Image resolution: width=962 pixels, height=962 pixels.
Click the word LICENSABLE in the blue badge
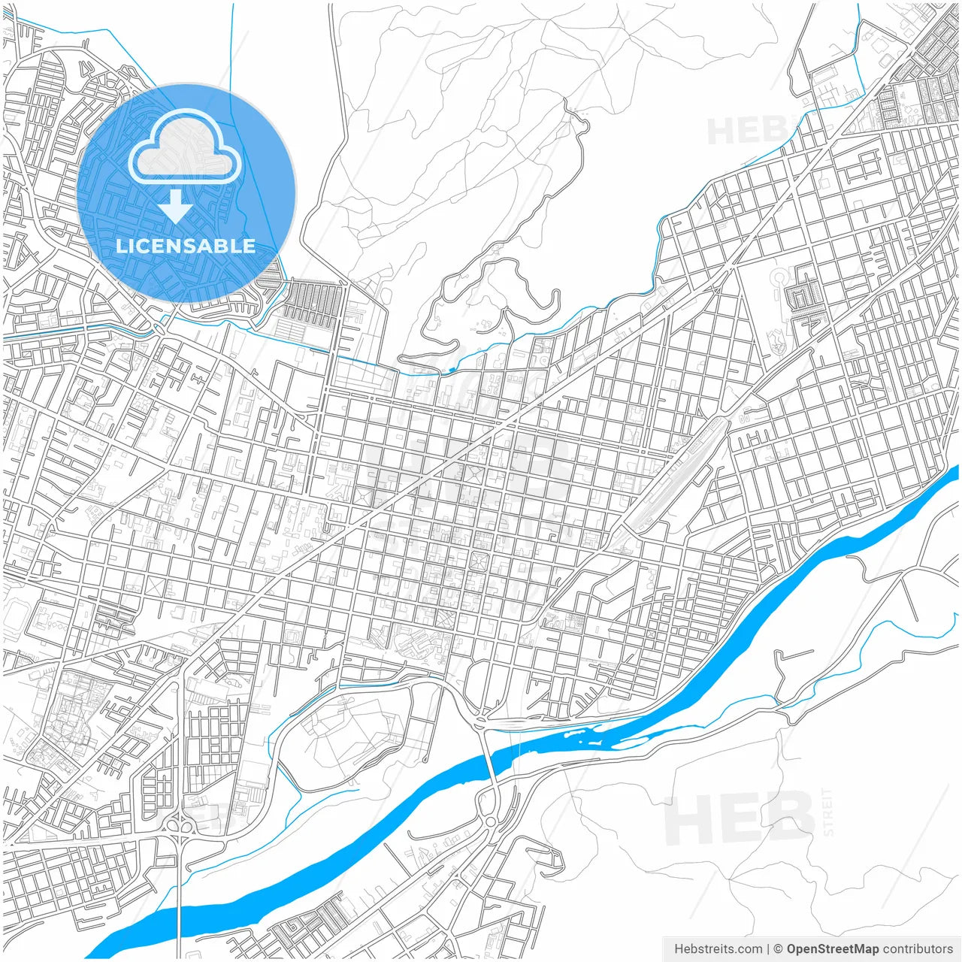186,246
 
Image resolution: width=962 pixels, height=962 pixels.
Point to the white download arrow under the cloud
176,206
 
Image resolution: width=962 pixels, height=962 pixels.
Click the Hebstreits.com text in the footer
718,948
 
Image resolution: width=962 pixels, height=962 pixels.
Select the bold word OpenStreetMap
833,948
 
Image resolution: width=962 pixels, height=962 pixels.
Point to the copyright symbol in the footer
779,948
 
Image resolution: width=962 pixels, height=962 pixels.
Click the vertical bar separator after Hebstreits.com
768,948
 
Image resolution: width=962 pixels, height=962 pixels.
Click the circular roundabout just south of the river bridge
490,821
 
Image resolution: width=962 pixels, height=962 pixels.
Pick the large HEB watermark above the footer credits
740,819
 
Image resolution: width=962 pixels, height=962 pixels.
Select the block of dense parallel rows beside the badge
308,304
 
